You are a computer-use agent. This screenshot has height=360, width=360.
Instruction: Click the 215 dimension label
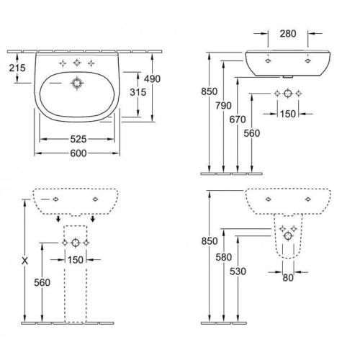17,68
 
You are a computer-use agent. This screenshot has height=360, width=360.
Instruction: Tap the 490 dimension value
153,78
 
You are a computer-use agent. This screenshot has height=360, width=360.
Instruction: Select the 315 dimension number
138,92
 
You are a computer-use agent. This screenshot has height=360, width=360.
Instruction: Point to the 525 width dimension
78,139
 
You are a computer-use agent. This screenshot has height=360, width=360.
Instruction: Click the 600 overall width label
78,153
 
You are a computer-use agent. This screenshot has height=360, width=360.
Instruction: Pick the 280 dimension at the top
288,34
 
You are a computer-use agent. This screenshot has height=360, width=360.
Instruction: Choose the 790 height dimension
223,106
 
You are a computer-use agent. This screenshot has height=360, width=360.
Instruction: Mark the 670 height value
238,120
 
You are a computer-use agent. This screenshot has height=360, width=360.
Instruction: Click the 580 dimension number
223,257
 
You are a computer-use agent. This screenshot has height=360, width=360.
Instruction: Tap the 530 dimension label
238,271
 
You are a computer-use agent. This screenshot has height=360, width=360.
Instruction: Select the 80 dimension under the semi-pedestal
288,278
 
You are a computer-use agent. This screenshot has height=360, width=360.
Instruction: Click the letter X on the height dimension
24,261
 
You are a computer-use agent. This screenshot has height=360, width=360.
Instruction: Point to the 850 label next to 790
210,91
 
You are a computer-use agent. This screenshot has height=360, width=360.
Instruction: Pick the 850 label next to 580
210,241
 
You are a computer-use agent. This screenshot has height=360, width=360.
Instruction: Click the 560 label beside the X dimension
42,282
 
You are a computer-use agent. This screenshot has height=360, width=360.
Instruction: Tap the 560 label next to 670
252,133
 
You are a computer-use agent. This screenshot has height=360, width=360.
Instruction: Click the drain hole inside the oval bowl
77,84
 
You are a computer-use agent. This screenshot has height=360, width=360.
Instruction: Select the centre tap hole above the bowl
77,63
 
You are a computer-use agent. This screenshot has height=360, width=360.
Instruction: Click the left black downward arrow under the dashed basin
58,218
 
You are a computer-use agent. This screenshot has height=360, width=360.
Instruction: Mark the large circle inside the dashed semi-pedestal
288,236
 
